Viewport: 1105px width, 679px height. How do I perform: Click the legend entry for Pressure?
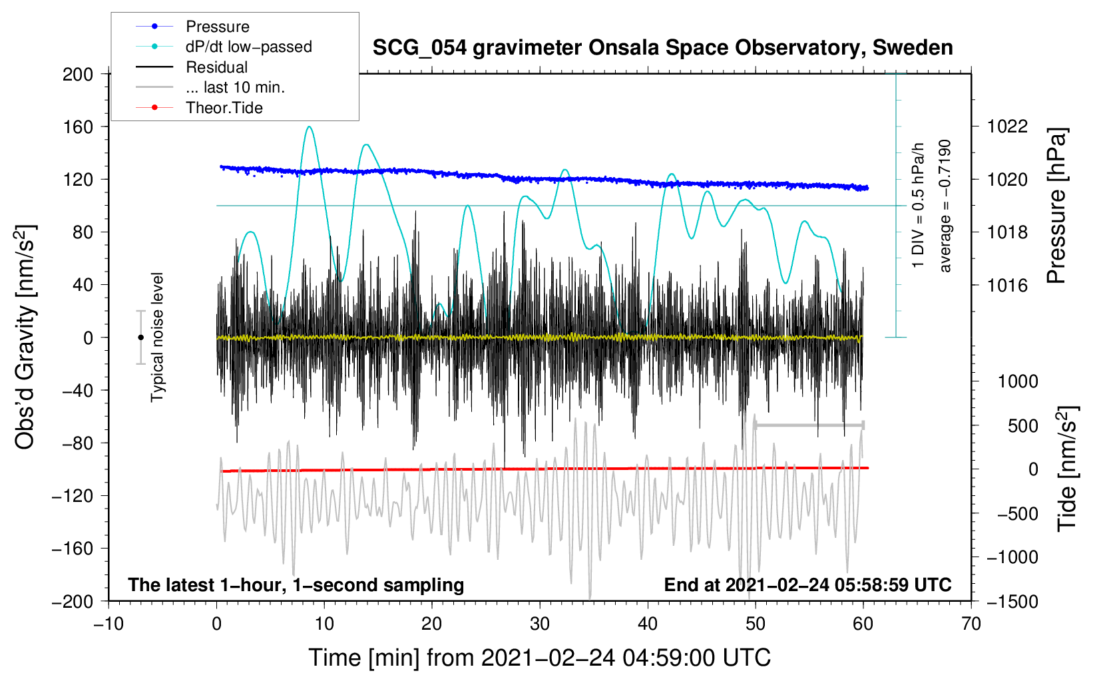(192, 26)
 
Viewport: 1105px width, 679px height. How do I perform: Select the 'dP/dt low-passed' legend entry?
(224, 47)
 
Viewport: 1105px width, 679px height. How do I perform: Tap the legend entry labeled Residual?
(192, 67)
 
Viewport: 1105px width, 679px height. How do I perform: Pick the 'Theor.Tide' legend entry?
(199, 108)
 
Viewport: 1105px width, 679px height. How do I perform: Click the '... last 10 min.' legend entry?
(210, 87)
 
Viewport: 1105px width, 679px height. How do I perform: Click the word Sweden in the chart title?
(913, 47)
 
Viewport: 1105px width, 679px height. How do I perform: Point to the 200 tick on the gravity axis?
(78, 75)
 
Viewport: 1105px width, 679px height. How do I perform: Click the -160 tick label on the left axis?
(73, 549)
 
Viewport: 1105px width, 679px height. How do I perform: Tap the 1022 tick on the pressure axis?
(1007, 127)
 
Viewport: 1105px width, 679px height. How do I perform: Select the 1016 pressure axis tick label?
(1007, 285)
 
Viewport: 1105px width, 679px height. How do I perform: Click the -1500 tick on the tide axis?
(1012, 602)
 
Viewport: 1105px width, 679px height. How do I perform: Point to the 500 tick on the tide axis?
(1023, 425)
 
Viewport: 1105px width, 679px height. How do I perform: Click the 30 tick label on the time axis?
(540, 624)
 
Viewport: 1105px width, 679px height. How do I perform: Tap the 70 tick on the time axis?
(971, 624)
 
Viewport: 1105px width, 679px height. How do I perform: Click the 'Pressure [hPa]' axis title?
(1056, 206)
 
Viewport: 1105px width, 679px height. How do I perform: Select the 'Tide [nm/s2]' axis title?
(1067, 469)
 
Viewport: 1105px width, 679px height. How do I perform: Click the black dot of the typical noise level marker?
(140, 338)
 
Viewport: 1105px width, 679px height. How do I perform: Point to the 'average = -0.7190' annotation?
(945, 206)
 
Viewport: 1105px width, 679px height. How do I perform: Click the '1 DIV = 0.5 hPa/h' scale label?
(917, 206)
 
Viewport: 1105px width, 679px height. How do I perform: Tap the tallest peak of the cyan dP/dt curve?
(310, 126)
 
